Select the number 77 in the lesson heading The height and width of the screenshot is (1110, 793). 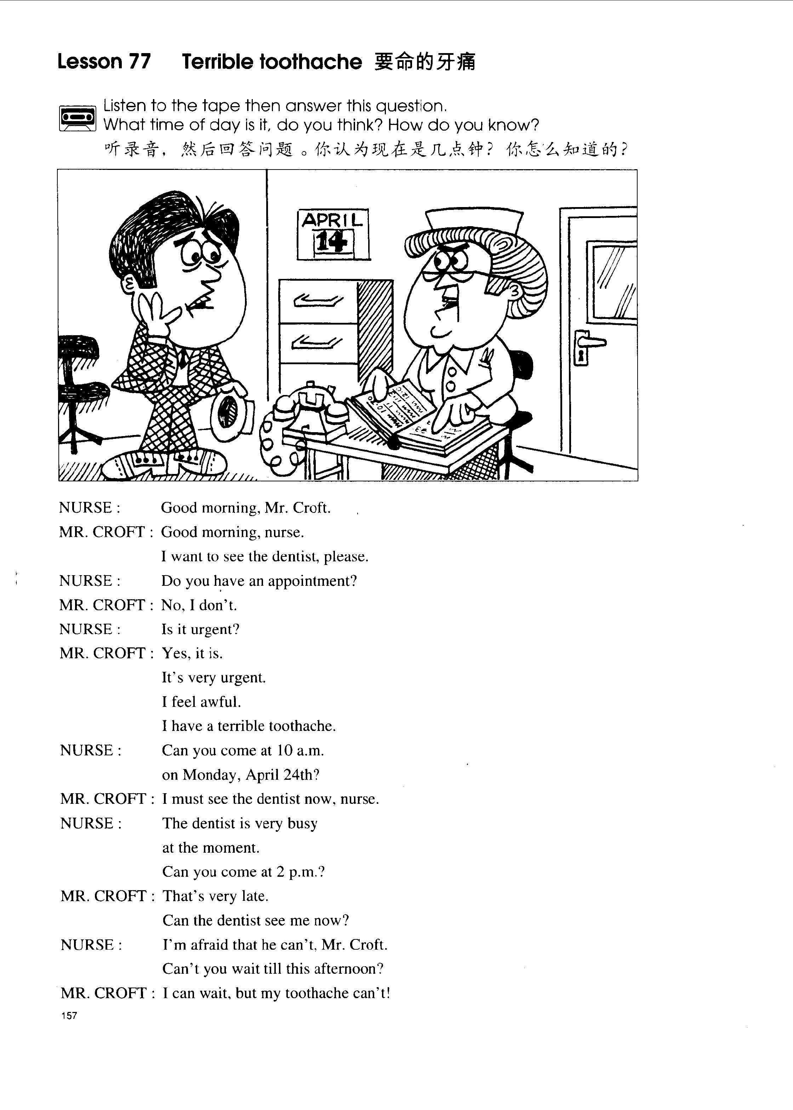(x=139, y=62)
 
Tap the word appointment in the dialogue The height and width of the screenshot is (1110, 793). (x=313, y=581)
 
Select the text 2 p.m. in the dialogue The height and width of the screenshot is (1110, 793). (x=299, y=872)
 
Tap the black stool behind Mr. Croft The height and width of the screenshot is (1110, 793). (x=78, y=347)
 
